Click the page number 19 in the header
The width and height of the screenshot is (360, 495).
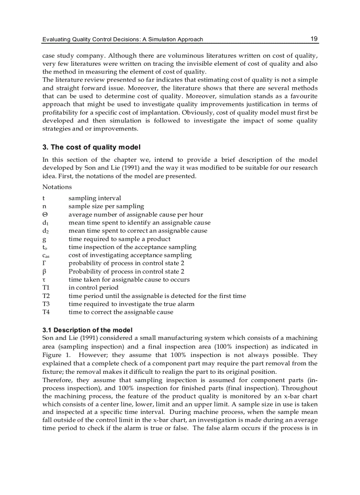pyautogui.click(x=314, y=39)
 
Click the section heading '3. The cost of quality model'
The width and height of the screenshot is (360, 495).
pyautogui.click(x=91, y=147)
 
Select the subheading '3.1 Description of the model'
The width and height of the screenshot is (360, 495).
pyautogui.click(x=87, y=330)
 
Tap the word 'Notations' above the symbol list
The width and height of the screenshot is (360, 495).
pyautogui.click(x=57, y=187)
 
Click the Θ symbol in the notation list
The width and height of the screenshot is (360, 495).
pyautogui.click(x=45, y=215)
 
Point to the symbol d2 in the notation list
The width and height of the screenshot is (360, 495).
pyautogui.click(x=45, y=231)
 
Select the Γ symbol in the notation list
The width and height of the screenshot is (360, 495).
pyautogui.click(x=44, y=263)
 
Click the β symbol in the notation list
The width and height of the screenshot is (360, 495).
pyautogui.click(x=44, y=272)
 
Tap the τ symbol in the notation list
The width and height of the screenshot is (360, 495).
pyautogui.click(x=44, y=280)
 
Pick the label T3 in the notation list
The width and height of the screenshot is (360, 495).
pyautogui.click(x=46, y=304)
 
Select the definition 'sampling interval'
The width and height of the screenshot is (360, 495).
pyautogui.click(x=94, y=198)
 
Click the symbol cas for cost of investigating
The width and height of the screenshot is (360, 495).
pyautogui.click(x=45, y=255)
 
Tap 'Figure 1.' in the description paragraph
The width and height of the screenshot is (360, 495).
pyautogui.click(x=55, y=355)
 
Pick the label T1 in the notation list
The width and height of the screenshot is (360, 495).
pyautogui.click(x=46, y=287)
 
